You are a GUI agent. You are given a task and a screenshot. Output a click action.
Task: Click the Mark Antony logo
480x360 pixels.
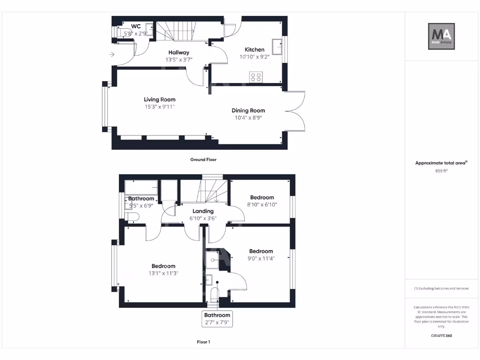[441, 37]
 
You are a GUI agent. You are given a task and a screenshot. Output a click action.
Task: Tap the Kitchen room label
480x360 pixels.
[255, 50]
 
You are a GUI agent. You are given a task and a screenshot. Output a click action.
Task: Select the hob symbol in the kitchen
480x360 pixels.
[256, 77]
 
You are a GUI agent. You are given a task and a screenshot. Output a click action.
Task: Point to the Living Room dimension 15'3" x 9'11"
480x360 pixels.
[160, 107]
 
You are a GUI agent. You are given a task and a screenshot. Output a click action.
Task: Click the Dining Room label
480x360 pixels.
[248, 111]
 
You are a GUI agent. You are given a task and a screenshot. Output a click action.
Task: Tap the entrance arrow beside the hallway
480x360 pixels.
[112, 54]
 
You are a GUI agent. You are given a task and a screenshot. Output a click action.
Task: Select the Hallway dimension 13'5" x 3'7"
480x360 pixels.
[179, 60]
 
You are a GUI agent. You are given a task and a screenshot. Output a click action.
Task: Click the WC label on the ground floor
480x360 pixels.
[136, 26]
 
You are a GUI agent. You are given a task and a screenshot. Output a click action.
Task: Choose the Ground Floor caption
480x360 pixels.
[203, 160]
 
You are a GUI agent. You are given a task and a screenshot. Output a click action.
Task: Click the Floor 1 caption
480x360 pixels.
[203, 342]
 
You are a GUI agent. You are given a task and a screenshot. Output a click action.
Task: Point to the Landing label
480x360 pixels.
[203, 211]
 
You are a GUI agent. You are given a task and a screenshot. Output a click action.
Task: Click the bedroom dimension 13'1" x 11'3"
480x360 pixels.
[163, 273]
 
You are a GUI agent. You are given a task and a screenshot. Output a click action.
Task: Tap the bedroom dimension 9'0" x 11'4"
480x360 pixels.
[261, 258]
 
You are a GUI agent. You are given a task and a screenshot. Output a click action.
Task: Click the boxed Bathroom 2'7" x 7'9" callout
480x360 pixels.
[217, 319]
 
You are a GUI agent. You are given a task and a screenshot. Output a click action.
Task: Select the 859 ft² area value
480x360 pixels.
[441, 171]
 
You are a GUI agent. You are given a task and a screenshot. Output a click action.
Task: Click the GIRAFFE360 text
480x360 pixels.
[441, 336]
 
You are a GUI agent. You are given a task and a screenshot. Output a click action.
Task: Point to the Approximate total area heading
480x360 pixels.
[441, 163]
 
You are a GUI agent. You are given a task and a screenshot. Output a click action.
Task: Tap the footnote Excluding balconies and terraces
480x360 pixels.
[441, 289]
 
